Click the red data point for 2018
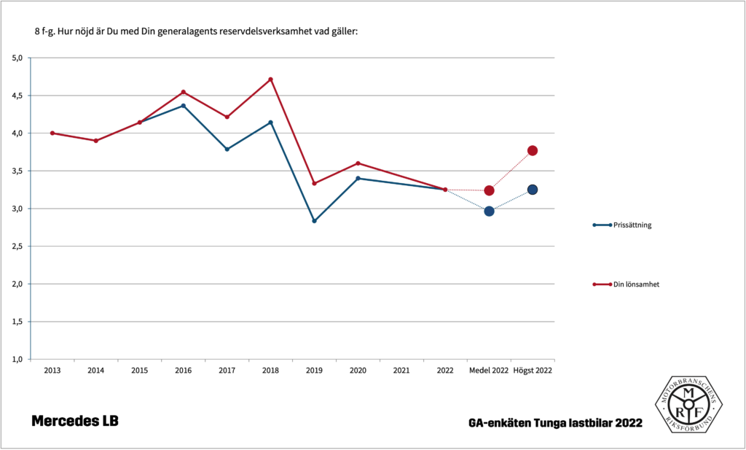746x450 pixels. click(271, 79)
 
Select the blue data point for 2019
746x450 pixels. click(314, 221)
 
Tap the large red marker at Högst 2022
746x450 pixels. click(533, 150)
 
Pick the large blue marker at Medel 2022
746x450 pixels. click(489, 212)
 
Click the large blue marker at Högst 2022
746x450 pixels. click(533, 190)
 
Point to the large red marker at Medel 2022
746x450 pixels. click(489, 190)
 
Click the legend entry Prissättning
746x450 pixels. click(631, 225)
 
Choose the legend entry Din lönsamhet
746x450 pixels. click(636, 284)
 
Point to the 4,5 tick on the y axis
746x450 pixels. click(18, 96)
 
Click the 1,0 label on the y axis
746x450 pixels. click(18, 359)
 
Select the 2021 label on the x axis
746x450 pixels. click(401, 371)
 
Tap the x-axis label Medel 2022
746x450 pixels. click(489, 371)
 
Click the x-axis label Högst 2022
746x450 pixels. click(533, 371)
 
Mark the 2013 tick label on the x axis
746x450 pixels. click(52, 371)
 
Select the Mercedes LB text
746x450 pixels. click(74, 422)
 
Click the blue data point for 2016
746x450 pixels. click(184, 106)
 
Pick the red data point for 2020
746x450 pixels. click(358, 163)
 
